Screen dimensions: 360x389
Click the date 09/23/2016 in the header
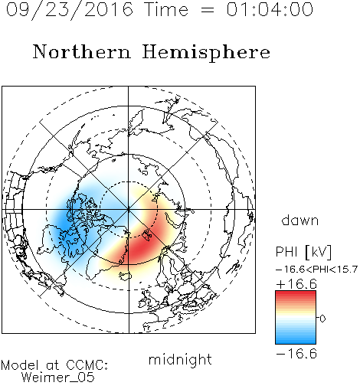[70, 10]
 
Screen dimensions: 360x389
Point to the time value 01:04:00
[270, 9]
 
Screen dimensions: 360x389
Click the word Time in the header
[166, 9]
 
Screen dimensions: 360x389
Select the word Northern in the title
[82, 52]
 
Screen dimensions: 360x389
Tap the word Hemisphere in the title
[206, 53]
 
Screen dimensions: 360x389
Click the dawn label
[300, 220]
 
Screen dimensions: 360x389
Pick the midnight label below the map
[180, 359]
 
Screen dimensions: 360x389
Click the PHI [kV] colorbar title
[303, 252]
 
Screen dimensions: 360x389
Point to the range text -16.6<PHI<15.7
[317, 270]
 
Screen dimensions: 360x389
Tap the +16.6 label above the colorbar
[296, 284]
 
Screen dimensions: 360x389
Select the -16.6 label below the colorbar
[296, 354]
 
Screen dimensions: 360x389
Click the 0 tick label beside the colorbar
[322, 319]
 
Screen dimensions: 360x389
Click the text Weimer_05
[58, 378]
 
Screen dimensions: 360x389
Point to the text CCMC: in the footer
[87, 365]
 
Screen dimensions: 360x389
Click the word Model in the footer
[20, 365]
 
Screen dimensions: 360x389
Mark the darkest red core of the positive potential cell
[142, 246]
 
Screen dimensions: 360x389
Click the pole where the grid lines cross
[129, 209]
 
